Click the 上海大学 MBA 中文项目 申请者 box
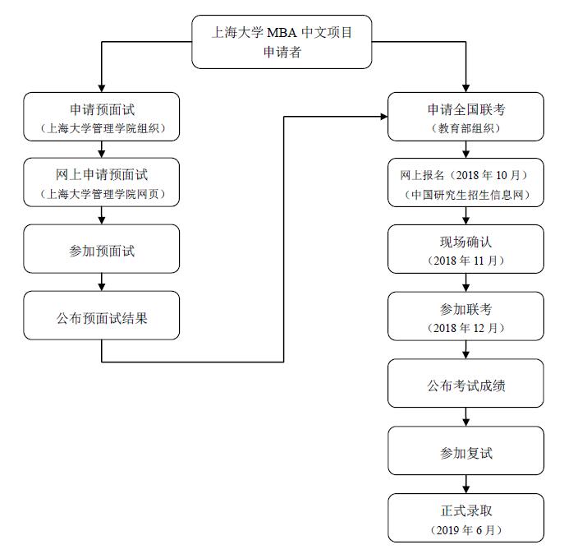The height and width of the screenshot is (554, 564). (x=282, y=41)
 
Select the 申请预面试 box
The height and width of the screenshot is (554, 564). (x=101, y=117)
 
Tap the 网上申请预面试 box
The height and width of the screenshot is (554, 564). (x=101, y=182)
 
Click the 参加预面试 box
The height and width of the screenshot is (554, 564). (x=101, y=249)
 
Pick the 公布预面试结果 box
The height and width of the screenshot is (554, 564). (x=101, y=316)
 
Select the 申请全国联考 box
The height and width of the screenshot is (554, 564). (x=465, y=117)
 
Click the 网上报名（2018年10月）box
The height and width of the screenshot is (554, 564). (x=465, y=182)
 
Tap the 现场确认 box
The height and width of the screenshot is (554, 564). (x=465, y=249)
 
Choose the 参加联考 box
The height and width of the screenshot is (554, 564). (x=465, y=316)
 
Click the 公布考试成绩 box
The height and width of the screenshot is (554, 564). (x=465, y=384)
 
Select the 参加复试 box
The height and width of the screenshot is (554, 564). (x=465, y=450)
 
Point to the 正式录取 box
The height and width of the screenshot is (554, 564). (x=465, y=517)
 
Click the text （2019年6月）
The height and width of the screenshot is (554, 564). (x=465, y=530)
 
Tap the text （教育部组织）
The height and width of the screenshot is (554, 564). (x=465, y=128)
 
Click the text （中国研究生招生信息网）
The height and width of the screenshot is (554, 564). (x=465, y=195)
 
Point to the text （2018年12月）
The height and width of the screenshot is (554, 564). (x=465, y=328)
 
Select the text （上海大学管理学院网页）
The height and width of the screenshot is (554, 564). (x=101, y=195)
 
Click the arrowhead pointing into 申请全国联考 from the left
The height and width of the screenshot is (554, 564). (x=383, y=117)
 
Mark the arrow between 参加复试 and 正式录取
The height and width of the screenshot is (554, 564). (x=465, y=484)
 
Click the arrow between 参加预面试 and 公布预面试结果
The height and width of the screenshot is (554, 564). (x=101, y=282)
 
